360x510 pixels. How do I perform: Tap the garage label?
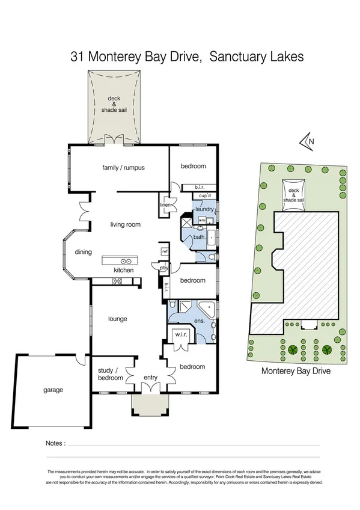pyautogui.click(x=53, y=390)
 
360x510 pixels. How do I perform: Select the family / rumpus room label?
pyautogui.click(x=123, y=168)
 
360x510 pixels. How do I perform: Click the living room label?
pyautogui.click(x=125, y=224)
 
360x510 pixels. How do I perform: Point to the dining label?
pyautogui.click(x=84, y=252)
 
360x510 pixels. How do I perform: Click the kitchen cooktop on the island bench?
pyautogui.click(x=127, y=262)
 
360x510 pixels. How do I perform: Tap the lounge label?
pyautogui.click(x=117, y=319)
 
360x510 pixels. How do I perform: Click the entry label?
pyautogui.click(x=150, y=378)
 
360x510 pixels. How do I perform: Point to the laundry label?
pyautogui.click(x=205, y=209)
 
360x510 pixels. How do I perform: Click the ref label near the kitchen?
pyautogui.click(x=165, y=251)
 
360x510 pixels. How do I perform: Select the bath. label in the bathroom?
pyautogui.click(x=200, y=238)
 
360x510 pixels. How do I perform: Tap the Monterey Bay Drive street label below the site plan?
pyautogui.click(x=296, y=371)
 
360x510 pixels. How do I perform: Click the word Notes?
pyautogui.click(x=55, y=444)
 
